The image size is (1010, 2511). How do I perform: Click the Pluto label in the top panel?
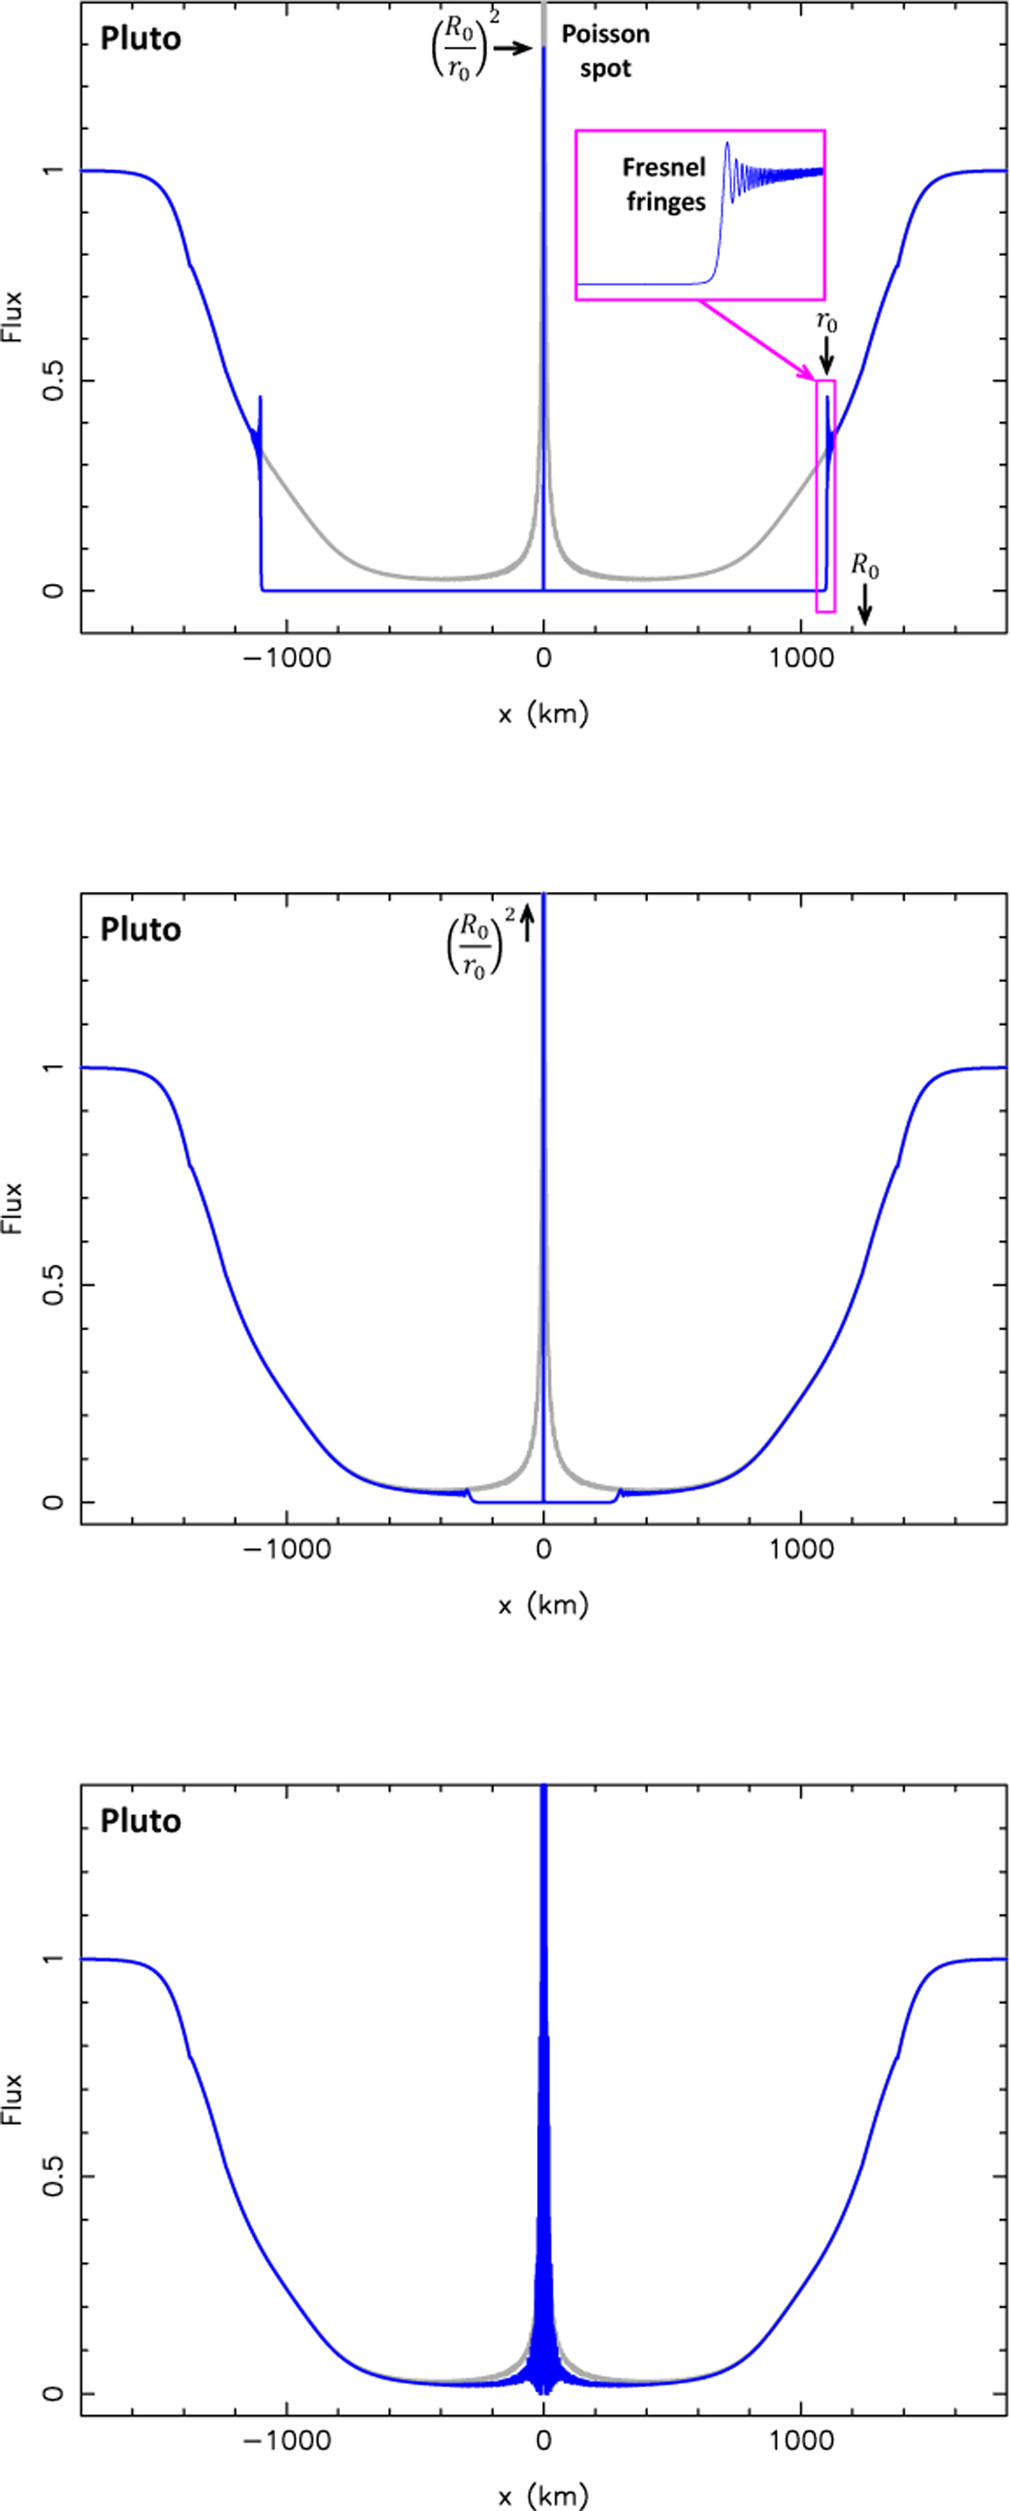point(141,39)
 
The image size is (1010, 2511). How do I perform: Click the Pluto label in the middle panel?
point(141,930)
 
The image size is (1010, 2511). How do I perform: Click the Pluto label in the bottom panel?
point(141,1821)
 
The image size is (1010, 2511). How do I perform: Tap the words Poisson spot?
point(604,51)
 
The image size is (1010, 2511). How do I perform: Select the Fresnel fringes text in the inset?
point(665,184)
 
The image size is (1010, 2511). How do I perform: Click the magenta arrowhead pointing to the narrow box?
point(808,375)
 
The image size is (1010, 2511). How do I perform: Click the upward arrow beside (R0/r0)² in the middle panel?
point(528,922)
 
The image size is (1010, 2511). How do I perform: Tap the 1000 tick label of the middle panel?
point(801,1549)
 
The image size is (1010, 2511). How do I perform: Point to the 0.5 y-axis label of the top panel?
point(54,380)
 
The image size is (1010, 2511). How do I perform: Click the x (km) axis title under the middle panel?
point(543,1606)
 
